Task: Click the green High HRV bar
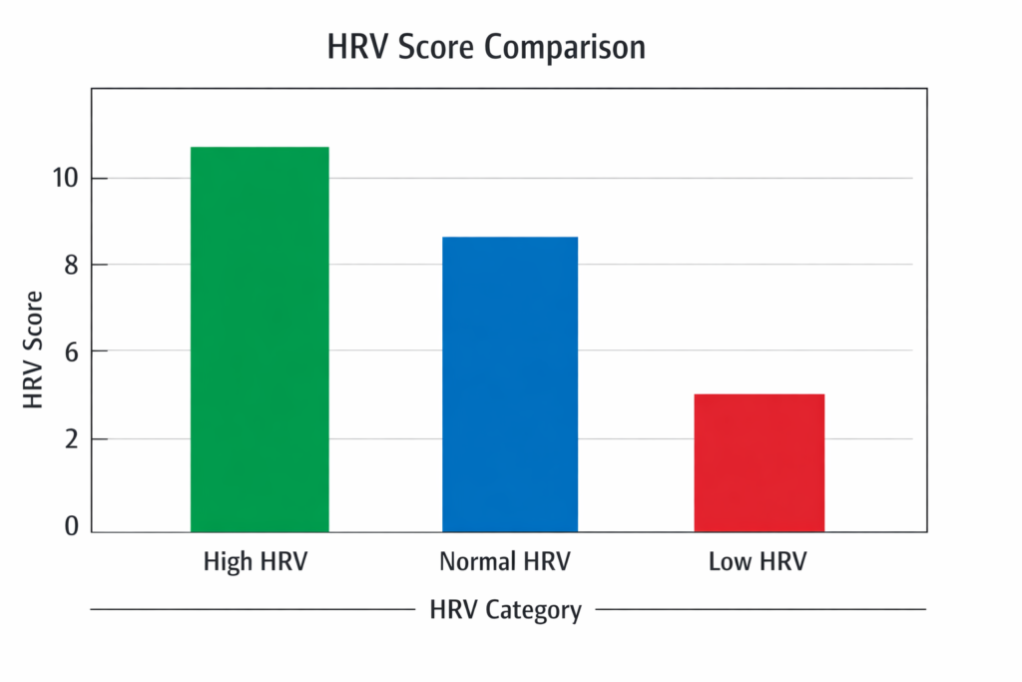click(259, 340)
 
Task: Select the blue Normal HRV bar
click(510, 384)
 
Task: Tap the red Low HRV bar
click(760, 462)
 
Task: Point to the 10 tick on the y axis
click(66, 179)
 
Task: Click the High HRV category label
click(255, 562)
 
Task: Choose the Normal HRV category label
click(505, 562)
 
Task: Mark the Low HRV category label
click(758, 562)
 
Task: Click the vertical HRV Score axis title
click(33, 350)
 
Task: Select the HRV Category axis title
click(505, 609)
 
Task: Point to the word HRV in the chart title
click(356, 48)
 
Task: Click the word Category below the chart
click(533, 609)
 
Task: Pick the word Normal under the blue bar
click(475, 562)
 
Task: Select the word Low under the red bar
click(729, 562)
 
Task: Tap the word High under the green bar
click(227, 562)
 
